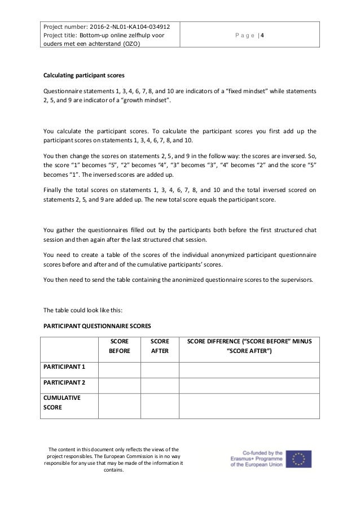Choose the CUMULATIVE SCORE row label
[63, 403]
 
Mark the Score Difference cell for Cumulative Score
[249, 403]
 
